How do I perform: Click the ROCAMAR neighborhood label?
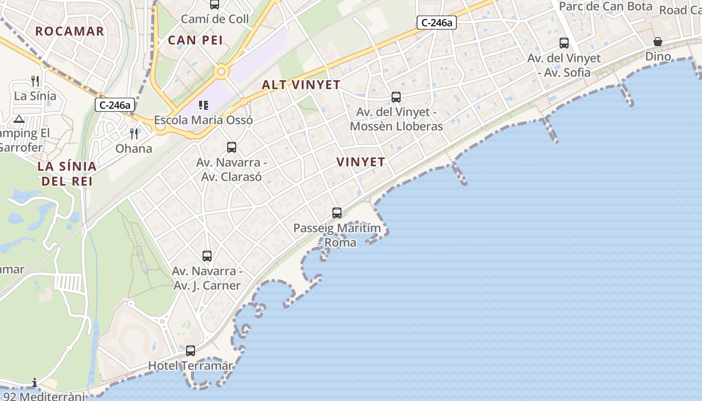tap(70, 31)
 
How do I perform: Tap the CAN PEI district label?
tap(196, 40)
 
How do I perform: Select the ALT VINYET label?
tap(301, 85)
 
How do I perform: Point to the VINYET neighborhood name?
tap(361, 162)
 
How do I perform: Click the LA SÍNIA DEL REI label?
tap(67, 173)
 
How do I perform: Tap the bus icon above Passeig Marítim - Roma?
tap(337, 213)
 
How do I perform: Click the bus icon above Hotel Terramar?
tap(191, 351)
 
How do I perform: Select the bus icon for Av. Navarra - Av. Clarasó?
tap(232, 147)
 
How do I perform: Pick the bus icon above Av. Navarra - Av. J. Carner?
tap(207, 256)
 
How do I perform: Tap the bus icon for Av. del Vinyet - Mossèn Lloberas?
tap(396, 97)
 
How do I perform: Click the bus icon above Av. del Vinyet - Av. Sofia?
tap(564, 43)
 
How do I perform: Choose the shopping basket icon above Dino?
tap(658, 42)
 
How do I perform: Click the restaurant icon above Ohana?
tap(134, 133)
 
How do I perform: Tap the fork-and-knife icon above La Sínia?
tap(35, 81)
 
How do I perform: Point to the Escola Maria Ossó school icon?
tap(203, 105)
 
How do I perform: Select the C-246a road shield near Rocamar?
tap(115, 105)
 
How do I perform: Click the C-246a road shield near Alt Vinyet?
tap(437, 23)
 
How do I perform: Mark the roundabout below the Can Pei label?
tap(221, 73)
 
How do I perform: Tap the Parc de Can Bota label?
tap(605, 7)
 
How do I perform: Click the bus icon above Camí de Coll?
tap(215, 5)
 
